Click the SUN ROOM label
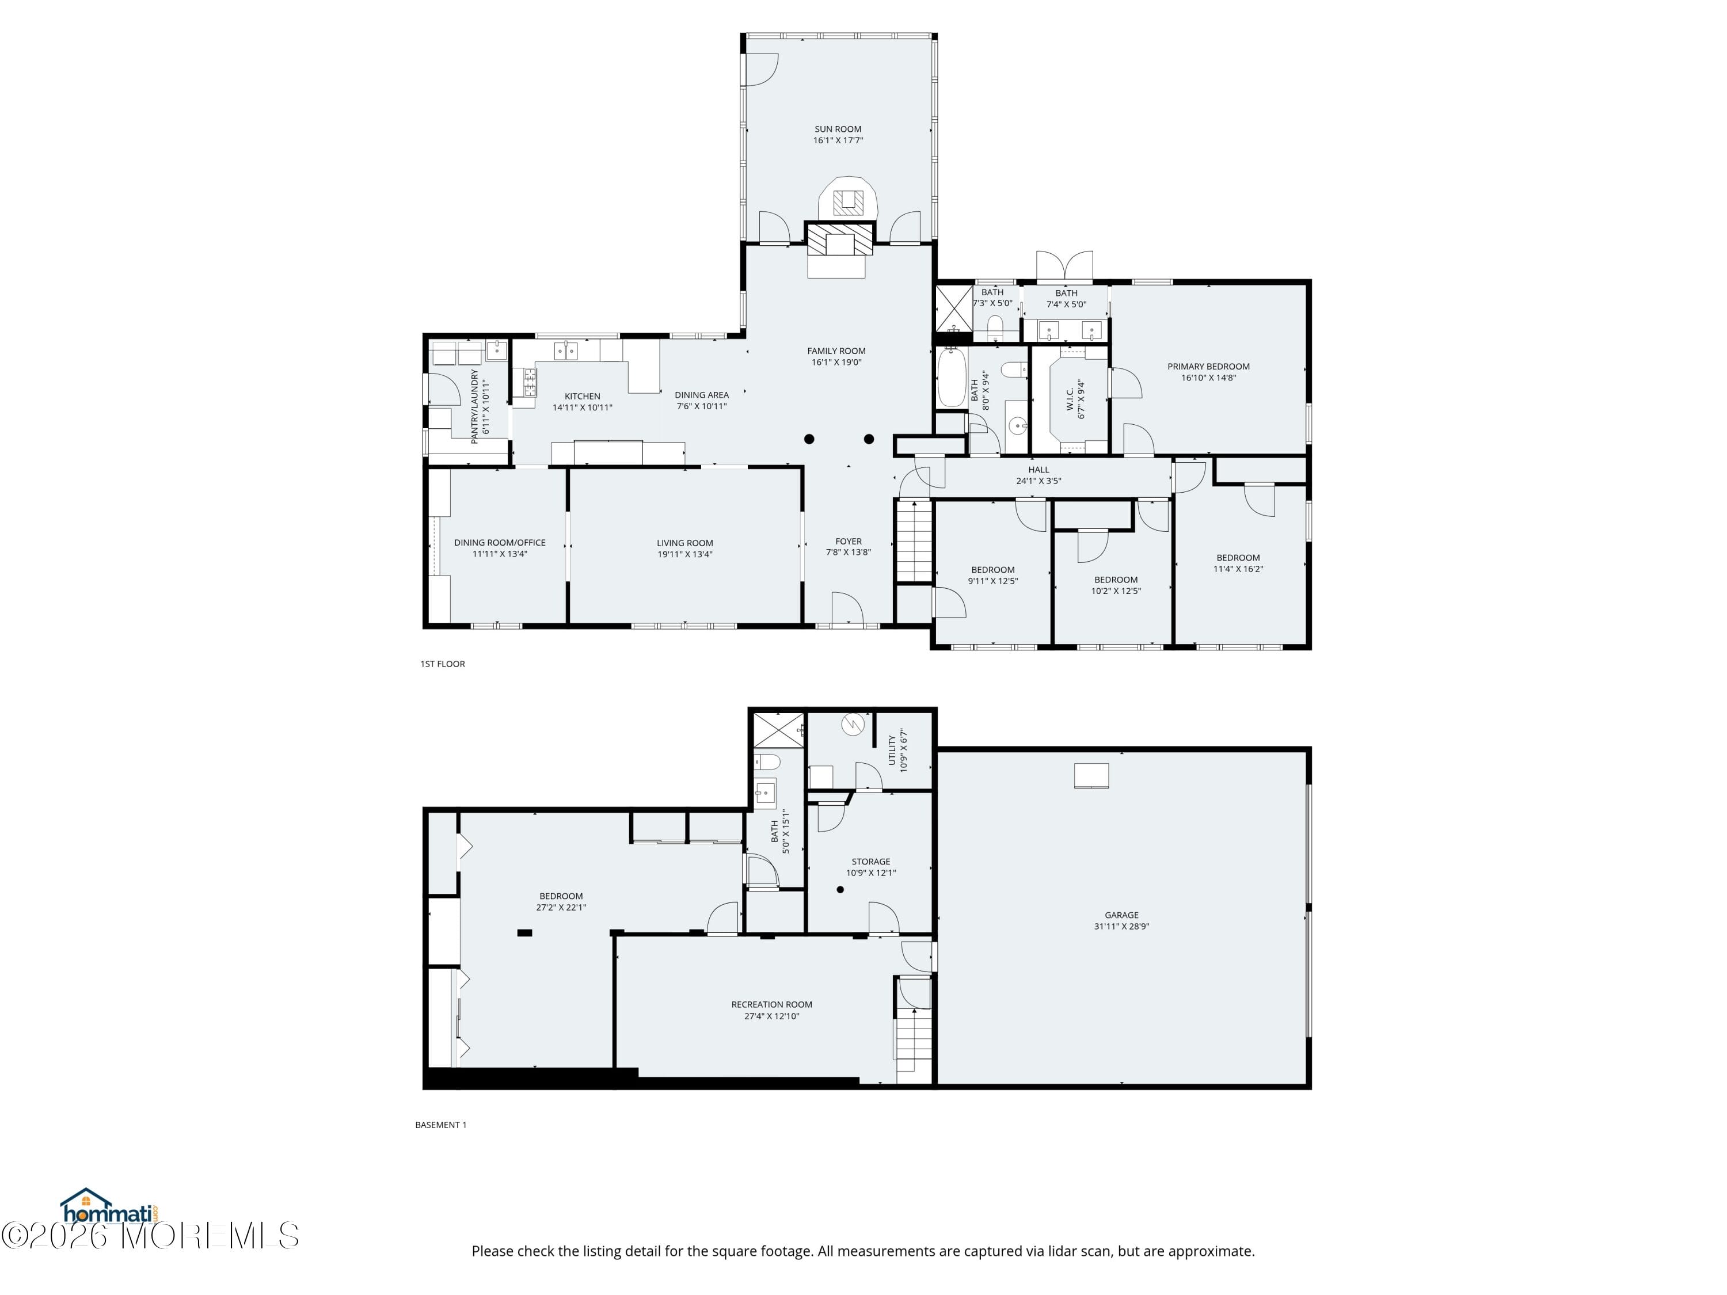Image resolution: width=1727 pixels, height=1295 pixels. [x=838, y=129]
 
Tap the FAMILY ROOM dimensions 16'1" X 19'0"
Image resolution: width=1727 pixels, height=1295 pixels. [x=836, y=362]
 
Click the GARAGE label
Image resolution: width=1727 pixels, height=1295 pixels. [x=1121, y=915]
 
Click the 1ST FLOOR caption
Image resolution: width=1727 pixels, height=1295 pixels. [x=442, y=664]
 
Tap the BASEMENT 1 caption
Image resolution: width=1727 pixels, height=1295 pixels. [x=440, y=1125]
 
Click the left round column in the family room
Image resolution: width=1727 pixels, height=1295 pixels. [x=809, y=440]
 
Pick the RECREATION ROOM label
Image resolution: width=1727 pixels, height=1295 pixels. [x=771, y=1004]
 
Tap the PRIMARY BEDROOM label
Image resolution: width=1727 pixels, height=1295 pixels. [x=1208, y=367]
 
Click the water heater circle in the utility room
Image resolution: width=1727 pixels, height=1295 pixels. [x=853, y=725]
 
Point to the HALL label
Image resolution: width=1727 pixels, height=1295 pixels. [x=1039, y=470]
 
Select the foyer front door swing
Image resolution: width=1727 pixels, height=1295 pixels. [x=846, y=610]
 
